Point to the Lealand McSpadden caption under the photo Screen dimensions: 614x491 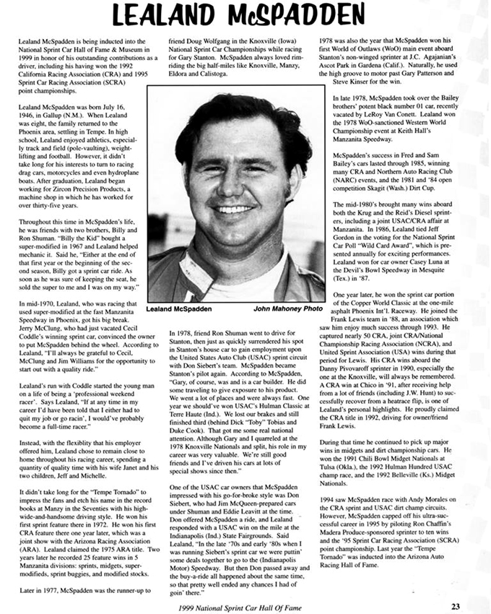[179, 308]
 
